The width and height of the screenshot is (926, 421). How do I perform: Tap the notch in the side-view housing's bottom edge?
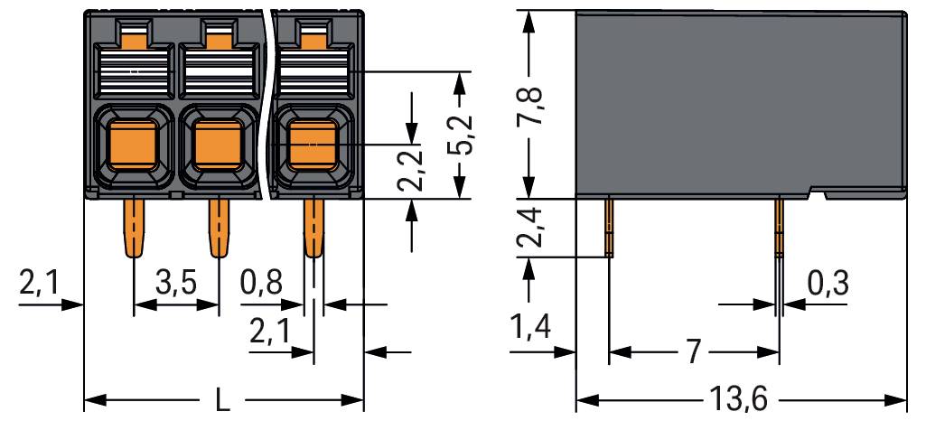(818, 193)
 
